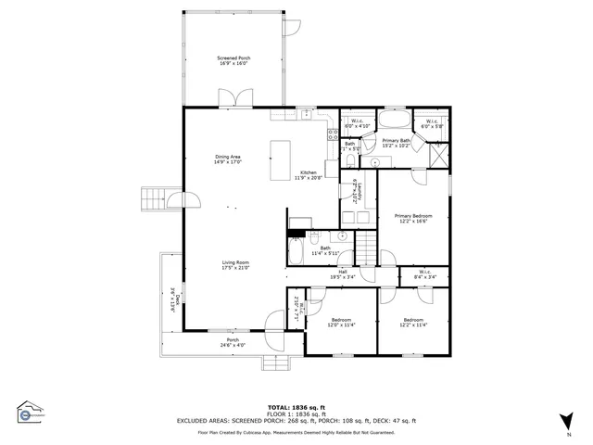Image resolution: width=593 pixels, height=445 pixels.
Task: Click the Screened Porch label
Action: point(234,60)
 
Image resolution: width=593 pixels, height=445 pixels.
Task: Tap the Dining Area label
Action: point(228,159)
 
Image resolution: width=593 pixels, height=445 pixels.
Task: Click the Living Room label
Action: point(235,265)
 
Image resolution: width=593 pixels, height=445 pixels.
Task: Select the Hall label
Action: point(342,274)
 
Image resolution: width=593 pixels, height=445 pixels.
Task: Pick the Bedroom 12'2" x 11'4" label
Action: point(413,323)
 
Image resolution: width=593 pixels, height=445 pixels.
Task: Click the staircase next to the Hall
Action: point(368,248)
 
